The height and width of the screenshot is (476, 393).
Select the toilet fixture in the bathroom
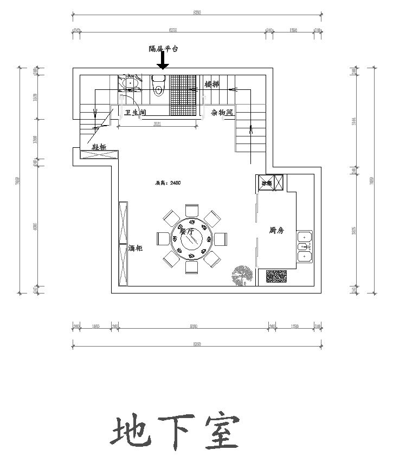(159, 86)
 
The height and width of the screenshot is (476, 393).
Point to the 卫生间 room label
(135, 113)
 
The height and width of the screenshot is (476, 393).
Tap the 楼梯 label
(212, 84)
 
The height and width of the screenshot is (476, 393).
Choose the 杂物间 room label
(222, 113)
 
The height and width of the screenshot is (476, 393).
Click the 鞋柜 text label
(98, 146)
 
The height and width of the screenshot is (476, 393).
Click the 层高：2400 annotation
(167, 183)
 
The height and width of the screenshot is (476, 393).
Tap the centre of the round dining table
(192, 238)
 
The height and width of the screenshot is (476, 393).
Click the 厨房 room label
(276, 231)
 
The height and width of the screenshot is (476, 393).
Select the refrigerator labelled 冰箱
(270, 183)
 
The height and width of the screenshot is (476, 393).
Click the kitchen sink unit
(305, 246)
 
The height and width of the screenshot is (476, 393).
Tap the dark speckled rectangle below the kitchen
(277, 277)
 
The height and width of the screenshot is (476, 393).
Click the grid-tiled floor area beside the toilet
(183, 95)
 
